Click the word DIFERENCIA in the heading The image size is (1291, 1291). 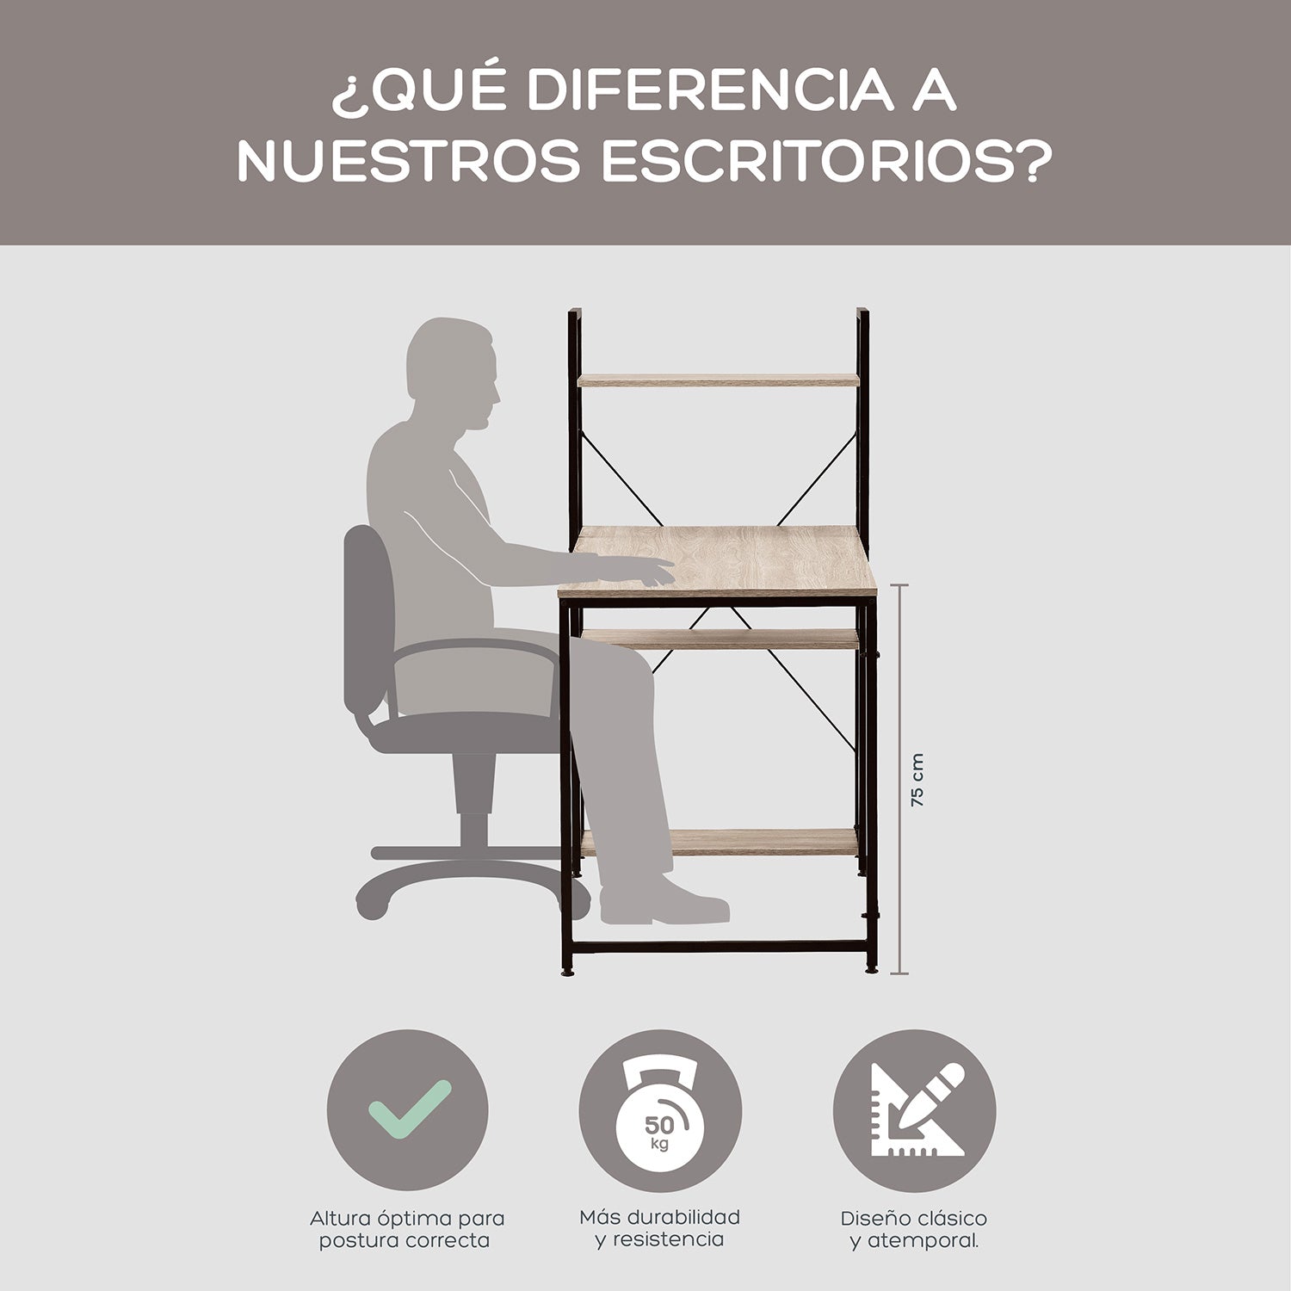pos(710,91)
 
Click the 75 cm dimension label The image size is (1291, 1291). pos(917,780)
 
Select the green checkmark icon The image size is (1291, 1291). pos(410,1109)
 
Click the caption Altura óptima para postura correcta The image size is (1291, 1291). pos(407,1229)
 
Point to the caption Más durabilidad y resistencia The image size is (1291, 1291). pos(660,1228)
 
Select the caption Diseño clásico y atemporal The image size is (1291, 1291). pos(914,1230)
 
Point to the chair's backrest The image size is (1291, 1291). pos(368,620)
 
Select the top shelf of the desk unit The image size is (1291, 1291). pos(718,380)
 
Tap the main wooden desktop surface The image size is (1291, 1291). pos(718,561)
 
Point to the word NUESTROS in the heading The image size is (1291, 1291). pos(408,161)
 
